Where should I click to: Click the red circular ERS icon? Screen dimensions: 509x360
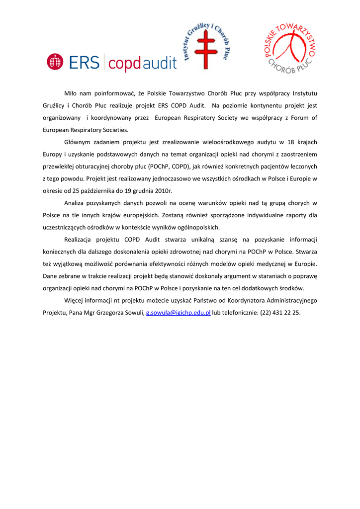coord(55,62)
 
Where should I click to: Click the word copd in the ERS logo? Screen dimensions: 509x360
coord(125,64)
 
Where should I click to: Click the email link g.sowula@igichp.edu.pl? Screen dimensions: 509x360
coord(178,313)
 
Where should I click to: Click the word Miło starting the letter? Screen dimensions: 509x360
coord(71,93)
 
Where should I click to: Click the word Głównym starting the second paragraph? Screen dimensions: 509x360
coord(79,142)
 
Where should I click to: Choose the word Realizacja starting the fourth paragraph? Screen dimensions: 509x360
coord(81,240)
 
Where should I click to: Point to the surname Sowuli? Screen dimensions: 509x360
coord(132,313)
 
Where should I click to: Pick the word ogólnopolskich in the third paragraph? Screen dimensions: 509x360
coord(195,228)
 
